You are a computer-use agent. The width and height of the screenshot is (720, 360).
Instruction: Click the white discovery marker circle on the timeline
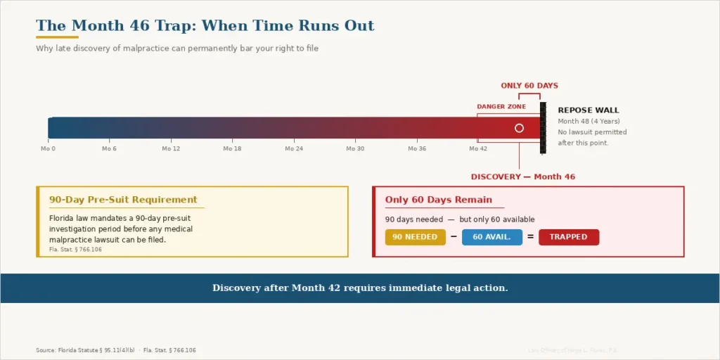coord(519,128)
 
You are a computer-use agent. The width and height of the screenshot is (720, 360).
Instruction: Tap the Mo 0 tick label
coord(48,148)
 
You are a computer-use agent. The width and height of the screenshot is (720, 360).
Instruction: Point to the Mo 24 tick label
coord(294,148)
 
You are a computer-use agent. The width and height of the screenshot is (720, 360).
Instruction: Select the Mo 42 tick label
coord(478,148)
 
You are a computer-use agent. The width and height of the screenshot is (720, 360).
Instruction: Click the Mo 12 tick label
coord(171,148)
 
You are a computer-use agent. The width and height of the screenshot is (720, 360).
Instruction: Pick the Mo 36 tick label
coord(417,148)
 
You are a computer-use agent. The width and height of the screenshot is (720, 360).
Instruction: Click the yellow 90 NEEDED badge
coord(415,237)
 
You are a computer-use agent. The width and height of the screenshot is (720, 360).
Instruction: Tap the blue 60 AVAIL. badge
coord(491,237)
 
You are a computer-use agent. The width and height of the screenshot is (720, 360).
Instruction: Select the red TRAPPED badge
coord(568,237)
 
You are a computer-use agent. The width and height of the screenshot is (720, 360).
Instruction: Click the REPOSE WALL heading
coord(588,110)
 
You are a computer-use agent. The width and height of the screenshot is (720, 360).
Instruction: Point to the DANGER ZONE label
coord(501,107)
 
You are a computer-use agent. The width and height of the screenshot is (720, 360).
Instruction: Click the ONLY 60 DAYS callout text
coord(529,86)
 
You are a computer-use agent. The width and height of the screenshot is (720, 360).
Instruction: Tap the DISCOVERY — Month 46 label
coord(522,176)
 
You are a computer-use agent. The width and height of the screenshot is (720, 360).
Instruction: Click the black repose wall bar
coord(542,127)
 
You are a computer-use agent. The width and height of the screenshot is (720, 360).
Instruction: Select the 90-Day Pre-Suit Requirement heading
coord(123,200)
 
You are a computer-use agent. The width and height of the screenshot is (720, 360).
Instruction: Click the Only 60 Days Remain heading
coord(438,200)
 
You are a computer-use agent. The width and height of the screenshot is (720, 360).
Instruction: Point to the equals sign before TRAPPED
coord(530,237)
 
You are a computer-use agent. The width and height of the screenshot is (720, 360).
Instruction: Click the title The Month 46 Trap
coord(205,26)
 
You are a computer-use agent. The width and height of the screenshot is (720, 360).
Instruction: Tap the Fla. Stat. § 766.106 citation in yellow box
coord(75,250)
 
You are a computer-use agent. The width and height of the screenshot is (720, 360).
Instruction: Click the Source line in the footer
coord(115,350)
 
